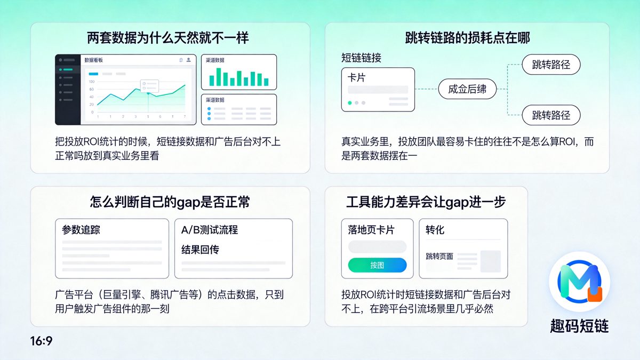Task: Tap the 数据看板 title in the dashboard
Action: click(93, 60)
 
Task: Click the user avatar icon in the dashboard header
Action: click(188, 60)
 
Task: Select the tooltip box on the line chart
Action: click(149, 85)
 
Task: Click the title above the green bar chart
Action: click(215, 60)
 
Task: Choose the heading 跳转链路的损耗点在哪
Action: click(467, 38)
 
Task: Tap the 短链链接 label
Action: click(361, 58)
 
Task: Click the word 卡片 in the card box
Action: click(356, 77)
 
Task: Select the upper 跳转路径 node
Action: click(551, 65)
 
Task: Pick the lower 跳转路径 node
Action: click(551, 115)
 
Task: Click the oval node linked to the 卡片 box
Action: click(467, 89)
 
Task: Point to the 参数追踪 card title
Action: click(81, 230)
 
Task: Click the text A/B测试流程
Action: click(210, 230)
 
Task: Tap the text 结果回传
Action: click(200, 250)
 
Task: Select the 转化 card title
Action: click(435, 230)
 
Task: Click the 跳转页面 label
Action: click(439, 257)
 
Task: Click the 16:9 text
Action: click(42, 341)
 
